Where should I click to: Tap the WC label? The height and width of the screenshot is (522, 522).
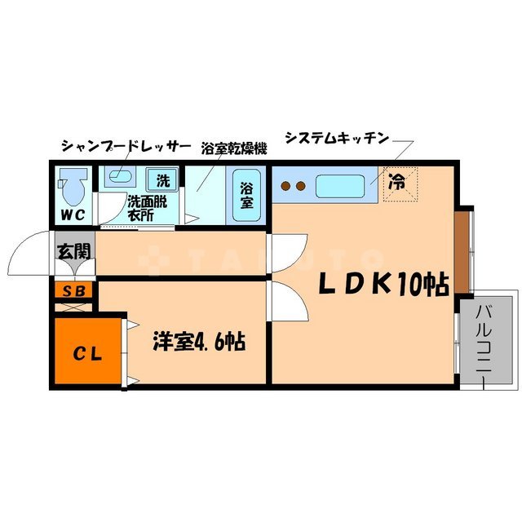(x=71, y=216)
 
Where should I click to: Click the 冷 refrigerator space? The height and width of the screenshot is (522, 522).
(x=399, y=184)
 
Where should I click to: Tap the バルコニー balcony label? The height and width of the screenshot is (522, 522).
(x=482, y=343)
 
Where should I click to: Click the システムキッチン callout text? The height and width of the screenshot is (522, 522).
(x=335, y=139)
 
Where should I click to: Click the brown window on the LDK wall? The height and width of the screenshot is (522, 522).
(x=462, y=252)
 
